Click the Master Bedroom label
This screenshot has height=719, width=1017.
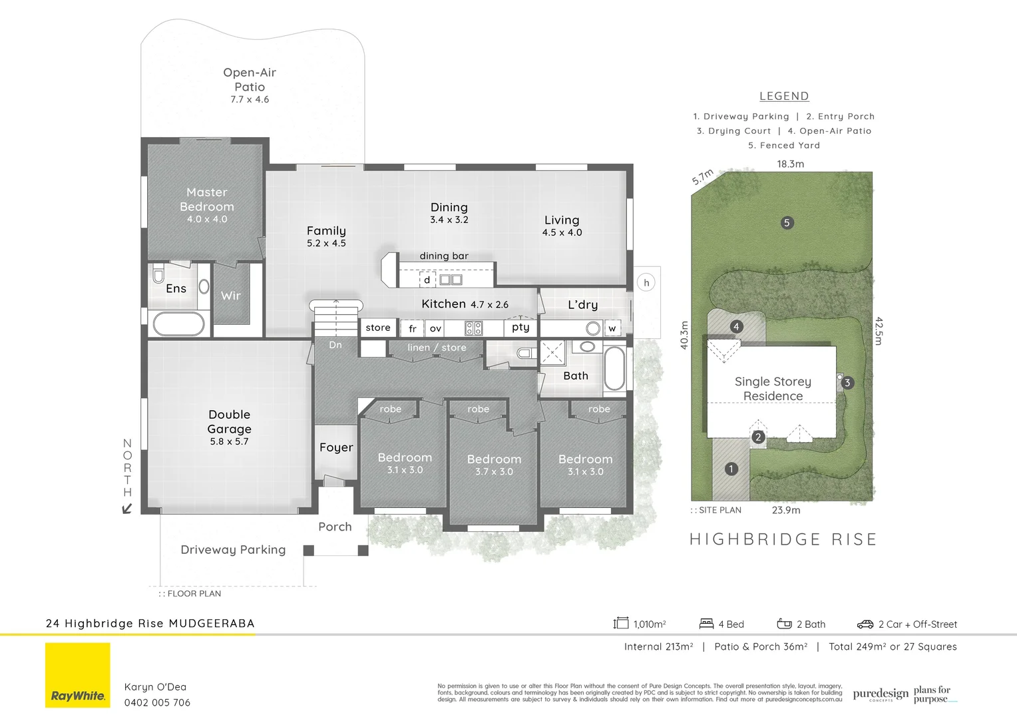[x=207, y=200]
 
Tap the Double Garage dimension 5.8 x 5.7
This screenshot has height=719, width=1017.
[x=229, y=441]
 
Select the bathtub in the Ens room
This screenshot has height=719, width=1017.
[x=179, y=324]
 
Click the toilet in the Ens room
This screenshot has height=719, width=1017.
[x=158, y=274]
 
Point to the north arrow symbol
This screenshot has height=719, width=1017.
[x=126, y=509]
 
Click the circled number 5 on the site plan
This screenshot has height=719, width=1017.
[x=787, y=223]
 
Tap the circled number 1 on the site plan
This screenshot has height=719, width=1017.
[x=731, y=469]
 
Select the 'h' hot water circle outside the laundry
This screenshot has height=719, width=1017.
[x=646, y=283]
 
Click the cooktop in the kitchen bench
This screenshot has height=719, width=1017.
[x=473, y=328]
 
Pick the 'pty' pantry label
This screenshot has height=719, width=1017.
[x=520, y=327]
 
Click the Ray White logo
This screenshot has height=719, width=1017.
[x=78, y=675]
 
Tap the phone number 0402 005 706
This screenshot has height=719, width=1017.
[x=157, y=702]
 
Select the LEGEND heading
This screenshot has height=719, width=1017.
[x=784, y=97]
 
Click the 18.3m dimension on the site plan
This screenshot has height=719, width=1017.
[x=790, y=164]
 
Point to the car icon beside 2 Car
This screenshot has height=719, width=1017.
[x=865, y=624]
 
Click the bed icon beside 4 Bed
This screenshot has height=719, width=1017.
[x=706, y=624]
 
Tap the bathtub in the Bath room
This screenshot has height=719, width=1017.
[x=614, y=367]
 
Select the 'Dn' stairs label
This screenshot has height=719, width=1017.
[x=335, y=345]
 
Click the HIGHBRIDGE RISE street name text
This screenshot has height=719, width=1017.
[x=783, y=539]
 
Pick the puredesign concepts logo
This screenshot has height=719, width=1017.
[x=880, y=694]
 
